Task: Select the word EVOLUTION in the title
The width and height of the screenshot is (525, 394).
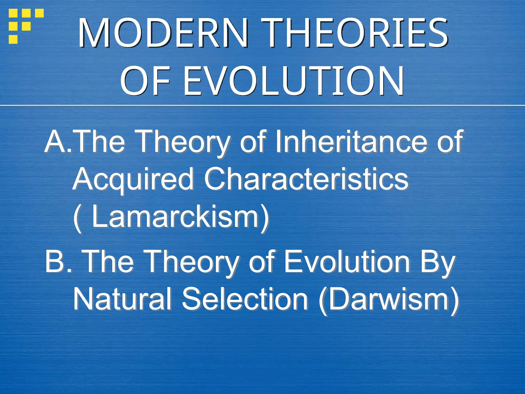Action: [293, 81]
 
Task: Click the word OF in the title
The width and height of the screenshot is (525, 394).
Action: [145, 81]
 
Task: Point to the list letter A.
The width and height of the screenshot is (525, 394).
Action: [55, 141]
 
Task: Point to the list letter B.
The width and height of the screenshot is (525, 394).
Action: [55, 261]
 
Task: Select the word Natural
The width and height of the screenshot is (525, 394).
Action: [122, 299]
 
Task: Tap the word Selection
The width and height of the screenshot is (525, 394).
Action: [245, 299]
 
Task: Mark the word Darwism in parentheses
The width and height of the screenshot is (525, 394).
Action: [389, 299]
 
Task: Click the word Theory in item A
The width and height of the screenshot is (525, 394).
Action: [184, 142]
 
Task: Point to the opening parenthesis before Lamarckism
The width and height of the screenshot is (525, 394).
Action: [77, 218]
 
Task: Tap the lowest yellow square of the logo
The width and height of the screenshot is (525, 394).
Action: [13, 39]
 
